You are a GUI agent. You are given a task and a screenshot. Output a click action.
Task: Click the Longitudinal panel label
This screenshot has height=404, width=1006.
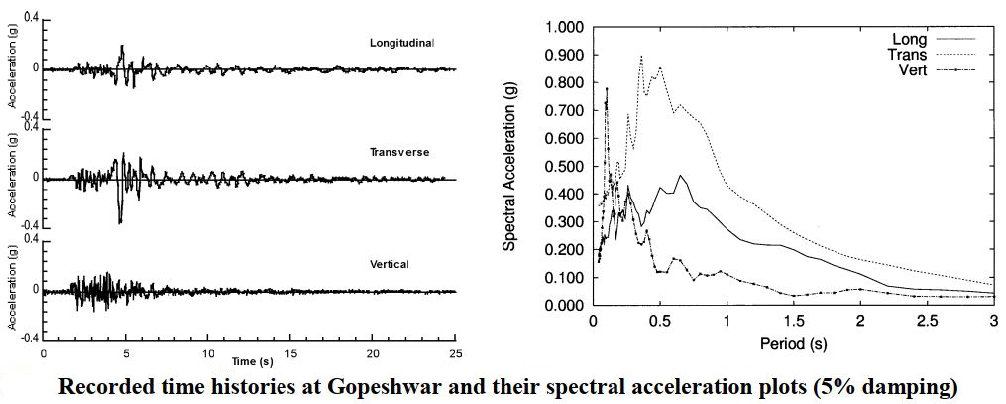coord(401,43)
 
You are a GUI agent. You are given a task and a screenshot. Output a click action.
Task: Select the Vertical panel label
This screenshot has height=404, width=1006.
coord(389,263)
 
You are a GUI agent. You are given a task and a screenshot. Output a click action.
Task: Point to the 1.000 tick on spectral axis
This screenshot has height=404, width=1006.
coord(565,28)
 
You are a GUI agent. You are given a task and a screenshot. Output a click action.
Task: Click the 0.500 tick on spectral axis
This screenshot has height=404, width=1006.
coord(565,166)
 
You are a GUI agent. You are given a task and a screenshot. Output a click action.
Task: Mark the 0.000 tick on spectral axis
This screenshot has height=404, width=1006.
coord(565,305)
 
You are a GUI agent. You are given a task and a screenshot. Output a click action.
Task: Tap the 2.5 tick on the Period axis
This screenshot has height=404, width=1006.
coord(927,321)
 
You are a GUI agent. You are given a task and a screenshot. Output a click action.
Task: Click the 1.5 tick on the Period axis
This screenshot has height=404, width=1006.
coord(793,321)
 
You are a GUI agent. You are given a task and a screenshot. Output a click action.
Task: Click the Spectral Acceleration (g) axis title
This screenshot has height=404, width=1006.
coord(509,165)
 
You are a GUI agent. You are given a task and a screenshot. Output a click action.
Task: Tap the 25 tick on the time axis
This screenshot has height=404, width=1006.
coord(455,352)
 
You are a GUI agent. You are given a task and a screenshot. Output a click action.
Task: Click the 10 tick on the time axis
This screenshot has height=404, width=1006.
coord(207,351)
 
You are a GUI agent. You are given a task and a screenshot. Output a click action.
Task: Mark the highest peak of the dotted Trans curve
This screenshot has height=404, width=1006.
coord(641,56)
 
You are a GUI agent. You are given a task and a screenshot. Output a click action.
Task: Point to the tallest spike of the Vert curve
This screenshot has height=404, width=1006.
coord(607,89)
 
